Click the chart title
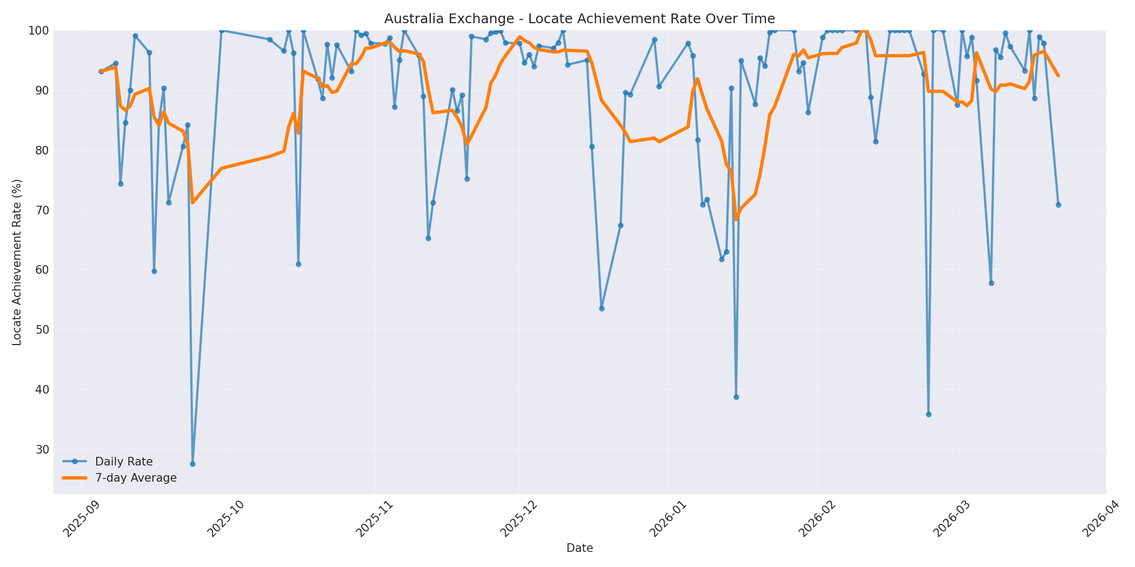579,19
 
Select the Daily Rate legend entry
123,462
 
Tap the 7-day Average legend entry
136,478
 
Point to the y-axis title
17,262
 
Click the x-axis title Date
579,548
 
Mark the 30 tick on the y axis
41,449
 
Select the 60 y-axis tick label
41,270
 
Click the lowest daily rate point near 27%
192,464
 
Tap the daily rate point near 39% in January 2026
736,397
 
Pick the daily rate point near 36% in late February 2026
929,414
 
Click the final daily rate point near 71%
1058,205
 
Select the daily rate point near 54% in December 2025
602,308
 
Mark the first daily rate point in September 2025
101,71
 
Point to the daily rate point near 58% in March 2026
991,283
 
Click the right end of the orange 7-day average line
1058,76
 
